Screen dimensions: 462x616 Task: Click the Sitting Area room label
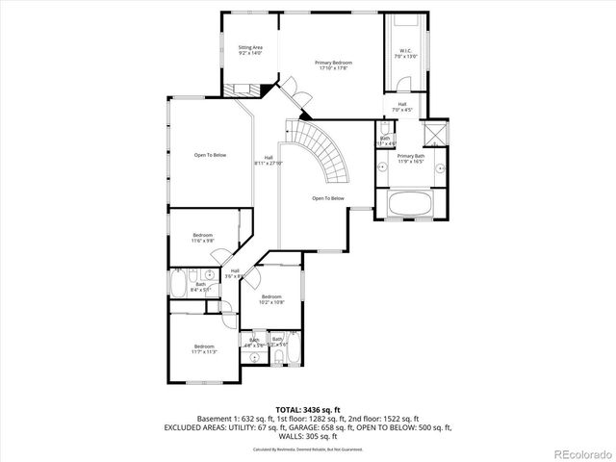251,49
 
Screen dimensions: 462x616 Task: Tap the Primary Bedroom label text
331,65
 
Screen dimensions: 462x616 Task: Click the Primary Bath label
411,159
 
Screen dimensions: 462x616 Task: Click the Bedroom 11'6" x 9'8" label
202,238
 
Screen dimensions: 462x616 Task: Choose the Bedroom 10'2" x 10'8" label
272,299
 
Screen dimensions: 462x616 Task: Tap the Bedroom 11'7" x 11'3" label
204,348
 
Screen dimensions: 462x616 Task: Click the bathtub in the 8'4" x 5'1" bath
179,287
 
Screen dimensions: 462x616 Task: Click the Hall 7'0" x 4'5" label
401,107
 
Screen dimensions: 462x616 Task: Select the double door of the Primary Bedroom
301,96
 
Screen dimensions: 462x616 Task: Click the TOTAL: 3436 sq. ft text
307,410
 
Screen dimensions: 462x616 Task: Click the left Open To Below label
209,155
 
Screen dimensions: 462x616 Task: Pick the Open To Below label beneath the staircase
327,198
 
